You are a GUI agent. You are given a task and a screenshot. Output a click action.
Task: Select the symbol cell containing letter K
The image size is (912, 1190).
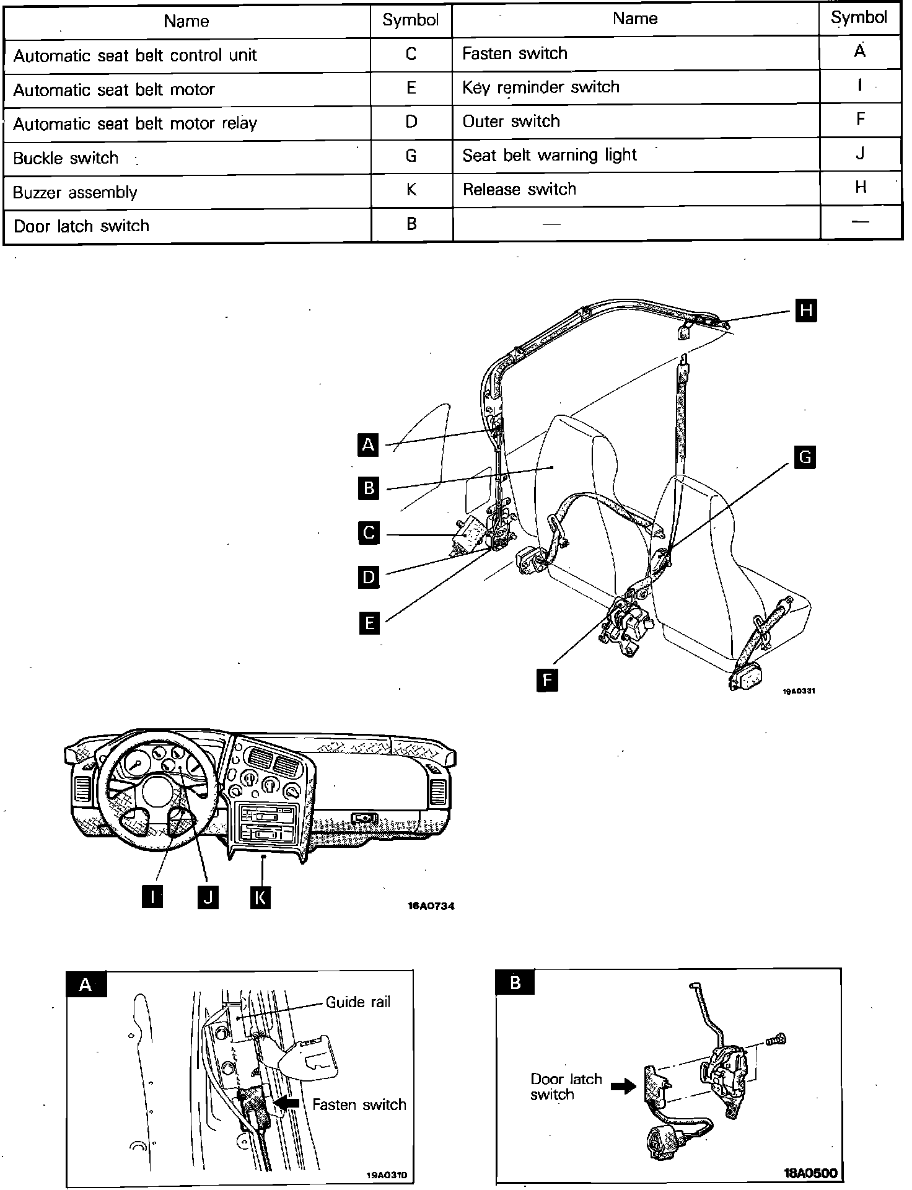(x=411, y=190)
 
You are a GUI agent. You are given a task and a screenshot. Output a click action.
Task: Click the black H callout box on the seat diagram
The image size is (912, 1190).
(x=805, y=310)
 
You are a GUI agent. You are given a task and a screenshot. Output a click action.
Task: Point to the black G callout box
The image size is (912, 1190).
(x=805, y=457)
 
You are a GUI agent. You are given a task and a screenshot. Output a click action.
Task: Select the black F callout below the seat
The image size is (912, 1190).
(x=547, y=680)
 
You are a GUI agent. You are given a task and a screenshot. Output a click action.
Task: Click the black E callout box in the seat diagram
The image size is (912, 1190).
(x=369, y=622)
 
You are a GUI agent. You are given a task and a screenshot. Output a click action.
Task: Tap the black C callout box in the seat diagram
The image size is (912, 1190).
(x=369, y=533)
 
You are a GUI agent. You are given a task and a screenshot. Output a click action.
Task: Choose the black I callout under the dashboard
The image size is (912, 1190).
(x=152, y=897)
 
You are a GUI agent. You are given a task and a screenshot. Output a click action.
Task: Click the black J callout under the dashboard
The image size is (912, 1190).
(x=208, y=897)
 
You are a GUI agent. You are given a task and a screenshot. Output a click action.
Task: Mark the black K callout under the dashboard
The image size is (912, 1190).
(x=260, y=897)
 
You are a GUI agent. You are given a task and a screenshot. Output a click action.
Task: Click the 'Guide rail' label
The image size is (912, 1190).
(x=358, y=1002)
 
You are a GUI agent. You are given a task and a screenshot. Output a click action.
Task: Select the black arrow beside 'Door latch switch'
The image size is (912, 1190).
(x=623, y=1085)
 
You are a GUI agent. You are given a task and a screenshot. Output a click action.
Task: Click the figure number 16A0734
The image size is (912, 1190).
(x=431, y=906)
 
